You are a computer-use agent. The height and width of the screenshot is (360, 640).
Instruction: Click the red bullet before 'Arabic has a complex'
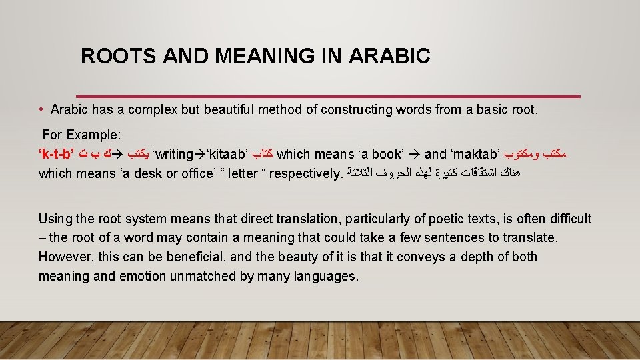[41, 110]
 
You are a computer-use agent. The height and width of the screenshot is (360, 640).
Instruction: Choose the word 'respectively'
[304, 174]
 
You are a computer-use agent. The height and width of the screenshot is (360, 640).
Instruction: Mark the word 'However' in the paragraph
[64, 257]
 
